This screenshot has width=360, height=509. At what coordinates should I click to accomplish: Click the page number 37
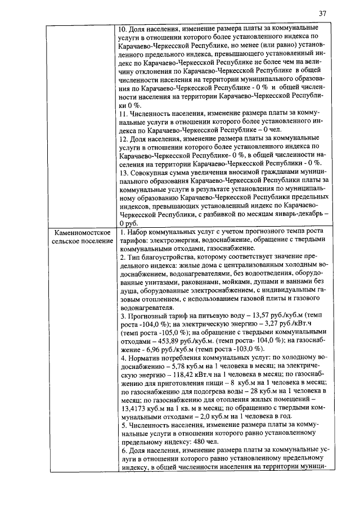(x=322, y=13)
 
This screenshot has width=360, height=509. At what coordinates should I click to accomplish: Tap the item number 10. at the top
(x=124, y=28)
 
